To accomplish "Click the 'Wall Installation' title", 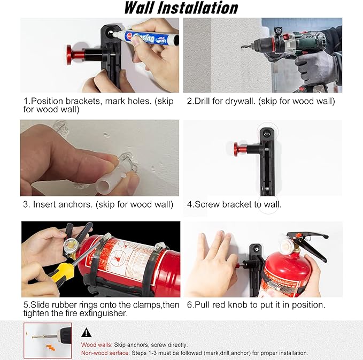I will click(181, 8).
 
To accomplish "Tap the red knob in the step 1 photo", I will click(71, 55).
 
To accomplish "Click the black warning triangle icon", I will click(87, 332).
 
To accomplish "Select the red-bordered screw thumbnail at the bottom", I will click(48, 340).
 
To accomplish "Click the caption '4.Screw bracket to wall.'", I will click(234, 204).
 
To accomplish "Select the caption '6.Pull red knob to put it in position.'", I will click(256, 304).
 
